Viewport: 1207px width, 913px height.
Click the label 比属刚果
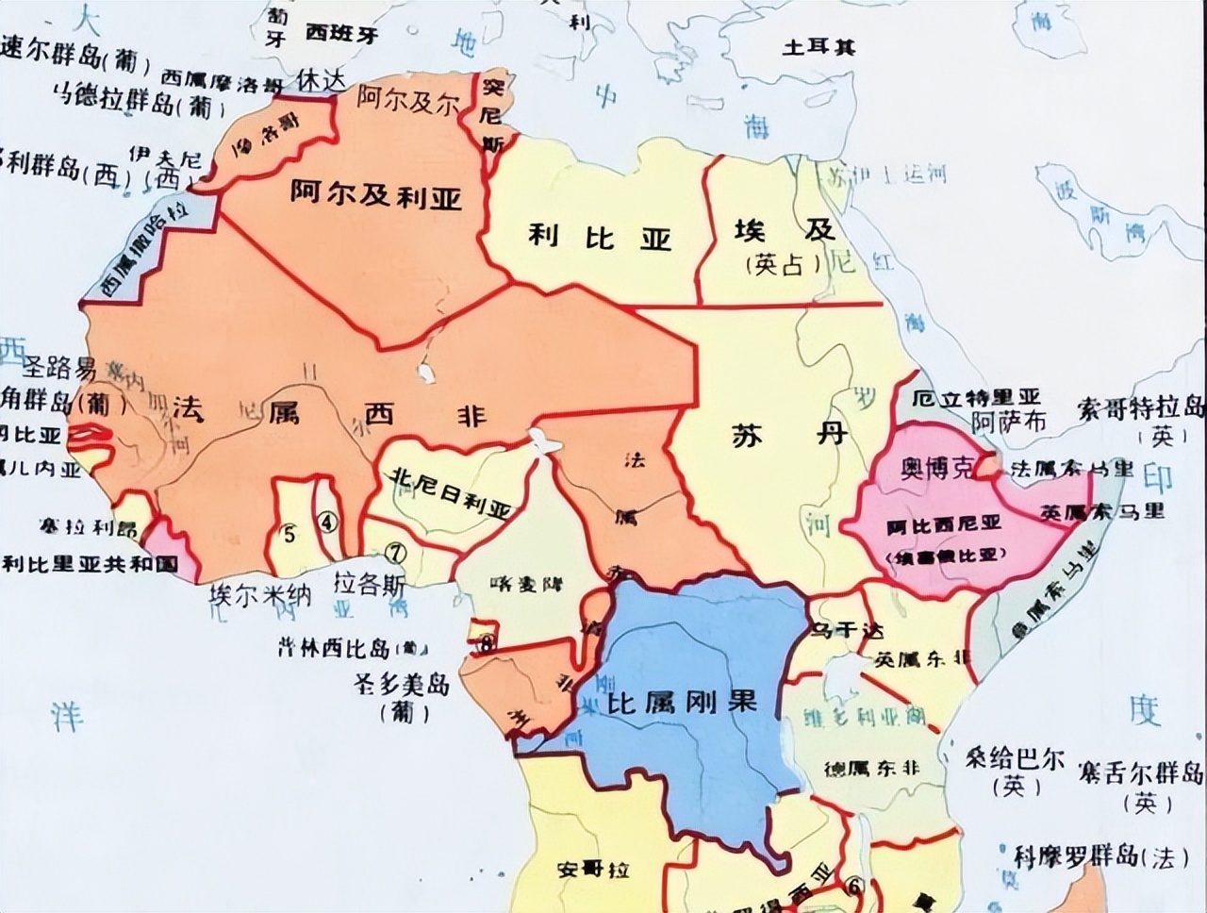[x=682, y=703]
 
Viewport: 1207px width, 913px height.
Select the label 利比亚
[x=599, y=236]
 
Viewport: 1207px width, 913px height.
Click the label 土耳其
[x=818, y=46]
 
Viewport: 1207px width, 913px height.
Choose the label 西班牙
[x=341, y=34]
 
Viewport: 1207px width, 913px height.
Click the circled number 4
[x=326, y=522]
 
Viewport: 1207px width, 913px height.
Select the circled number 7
[x=396, y=550]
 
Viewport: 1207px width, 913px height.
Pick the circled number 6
[x=854, y=886]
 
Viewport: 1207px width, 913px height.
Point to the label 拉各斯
[x=370, y=586]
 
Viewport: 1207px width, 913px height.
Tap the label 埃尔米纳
[x=260, y=595]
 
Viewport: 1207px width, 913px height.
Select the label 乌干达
[x=848, y=629]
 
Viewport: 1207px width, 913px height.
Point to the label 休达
[x=320, y=79]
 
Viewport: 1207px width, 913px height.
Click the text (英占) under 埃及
[x=775, y=266]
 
